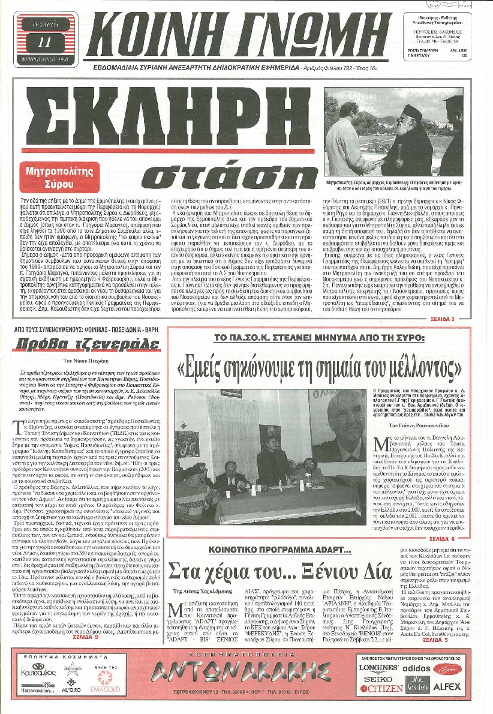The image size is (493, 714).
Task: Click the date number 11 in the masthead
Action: point(44,41)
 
